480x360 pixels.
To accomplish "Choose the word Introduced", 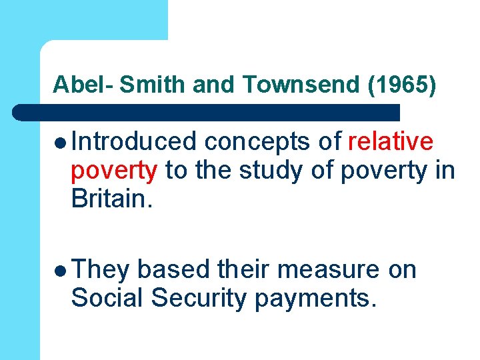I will (x=134, y=141).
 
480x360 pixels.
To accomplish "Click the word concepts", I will (x=257, y=141).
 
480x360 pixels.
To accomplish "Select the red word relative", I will (x=391, y=141).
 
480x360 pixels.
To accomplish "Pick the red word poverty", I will (x=114, y=171).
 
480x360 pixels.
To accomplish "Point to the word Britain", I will (x=113, y=199).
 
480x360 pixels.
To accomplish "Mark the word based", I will (x=175, y=269).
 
